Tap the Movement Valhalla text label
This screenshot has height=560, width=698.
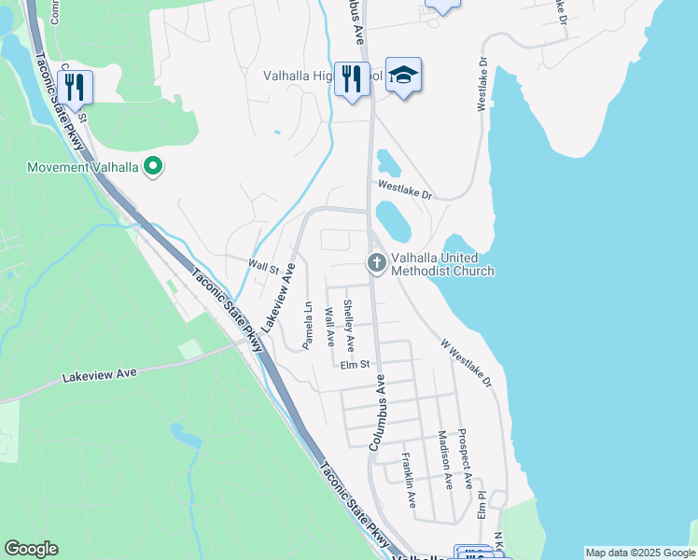[83, 168]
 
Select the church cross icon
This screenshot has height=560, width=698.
[377, 263]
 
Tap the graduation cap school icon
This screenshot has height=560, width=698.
[403, 76]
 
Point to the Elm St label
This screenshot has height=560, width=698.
[356, 364]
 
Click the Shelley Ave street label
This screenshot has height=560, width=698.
[348, 320]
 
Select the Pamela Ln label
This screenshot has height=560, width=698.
[307, 324]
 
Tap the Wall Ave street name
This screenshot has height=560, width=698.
[328, 327]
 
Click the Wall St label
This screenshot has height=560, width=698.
[263, 267]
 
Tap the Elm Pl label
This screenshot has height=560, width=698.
[482, 505]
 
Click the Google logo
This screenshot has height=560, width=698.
[31, 549]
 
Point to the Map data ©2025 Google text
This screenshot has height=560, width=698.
[639, 553]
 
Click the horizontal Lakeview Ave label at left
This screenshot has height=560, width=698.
[99, 374]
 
